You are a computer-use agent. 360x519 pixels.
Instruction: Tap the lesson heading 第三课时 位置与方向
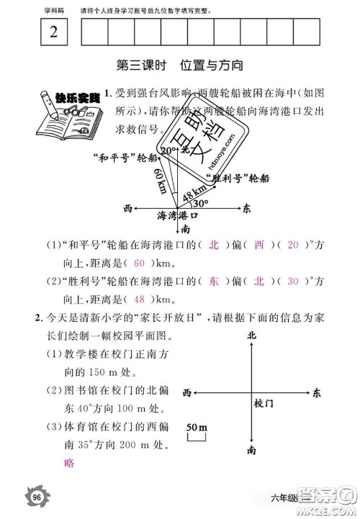(x=180, y=66)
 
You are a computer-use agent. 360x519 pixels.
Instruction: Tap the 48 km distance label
(x=189, y=194)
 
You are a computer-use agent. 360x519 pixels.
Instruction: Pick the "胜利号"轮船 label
(x=238, y=177)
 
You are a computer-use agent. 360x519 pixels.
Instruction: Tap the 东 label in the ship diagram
(x=246, y=208)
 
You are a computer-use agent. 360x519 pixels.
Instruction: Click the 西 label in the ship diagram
(x=127, y=208)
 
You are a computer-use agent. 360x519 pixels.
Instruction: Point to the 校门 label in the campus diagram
(x=264, y=405)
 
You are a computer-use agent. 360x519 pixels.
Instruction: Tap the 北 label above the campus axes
(x=251, y=335)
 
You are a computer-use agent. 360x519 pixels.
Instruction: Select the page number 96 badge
(x=34, y=495)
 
